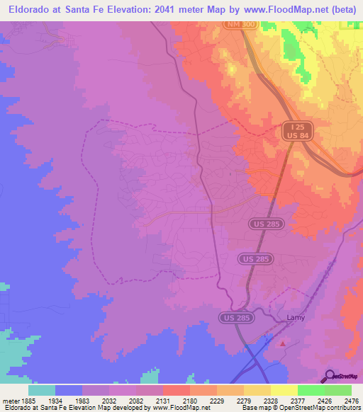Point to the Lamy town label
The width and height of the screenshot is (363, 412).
[x=295, y=318]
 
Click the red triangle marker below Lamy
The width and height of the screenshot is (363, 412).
[x=284, y=344]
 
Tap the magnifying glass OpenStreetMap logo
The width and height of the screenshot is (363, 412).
[x=330, y=375]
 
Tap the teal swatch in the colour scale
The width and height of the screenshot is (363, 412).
[x=42, y=390]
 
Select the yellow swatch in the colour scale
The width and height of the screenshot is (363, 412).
[x=284, y=390]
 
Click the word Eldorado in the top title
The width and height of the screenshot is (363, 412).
[x=31, y=10]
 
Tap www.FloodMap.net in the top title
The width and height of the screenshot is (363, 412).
[x=272, y=10]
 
